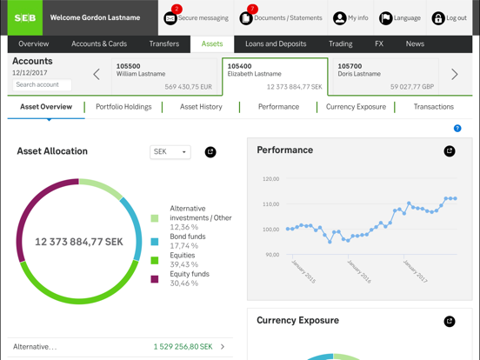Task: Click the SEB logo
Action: (x=25, y=17)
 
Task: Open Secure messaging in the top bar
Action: (x=196, y=17)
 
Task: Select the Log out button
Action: (x=450, y=17)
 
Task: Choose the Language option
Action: (x=400, y=17)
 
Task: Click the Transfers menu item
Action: (x=163, y=43)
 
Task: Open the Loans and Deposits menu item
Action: (x=276, y=43)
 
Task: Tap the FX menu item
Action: (x=379, y=43)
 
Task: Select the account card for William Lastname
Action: (x=164, y=75)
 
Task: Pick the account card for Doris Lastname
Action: (x=385, y=75)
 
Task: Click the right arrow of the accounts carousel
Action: (x=454, y=75)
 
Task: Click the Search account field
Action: (x=42, y=85)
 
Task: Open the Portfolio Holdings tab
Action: (x=123, y=107)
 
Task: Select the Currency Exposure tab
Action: (x=356, y=107)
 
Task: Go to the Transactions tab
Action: (x=433, y=107)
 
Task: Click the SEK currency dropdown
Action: (x=170, y=152)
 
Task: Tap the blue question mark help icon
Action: (x=457, y=129)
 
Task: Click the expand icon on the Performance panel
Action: (x=450, y=151)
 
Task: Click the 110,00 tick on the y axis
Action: (x=270, y=204)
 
